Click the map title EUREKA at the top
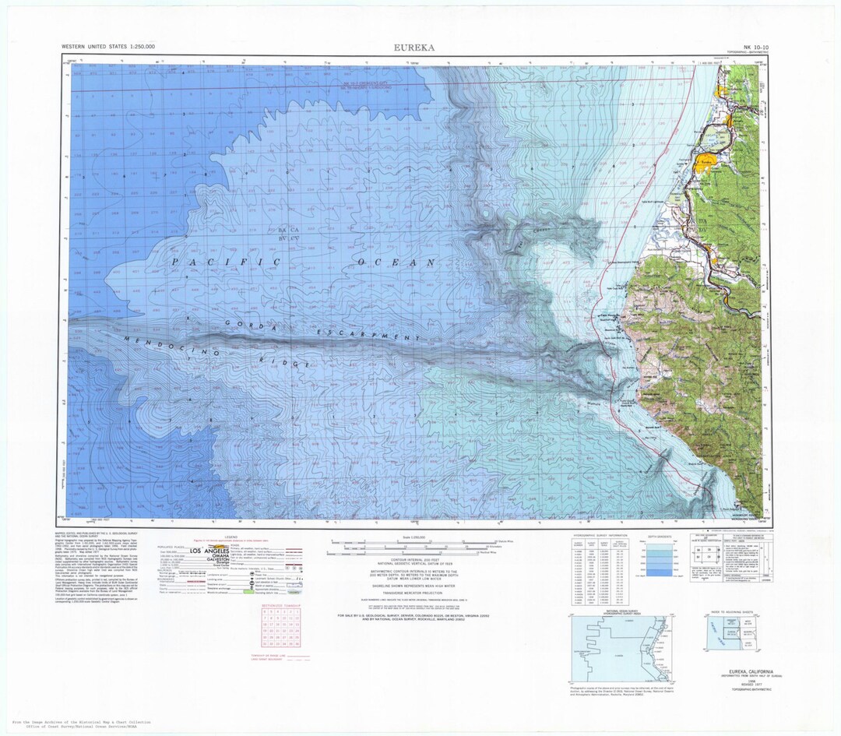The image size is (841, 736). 413,47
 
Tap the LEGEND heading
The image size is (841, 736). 231,537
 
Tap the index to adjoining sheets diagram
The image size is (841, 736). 732,634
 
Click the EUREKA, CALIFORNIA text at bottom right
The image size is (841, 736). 745,671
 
